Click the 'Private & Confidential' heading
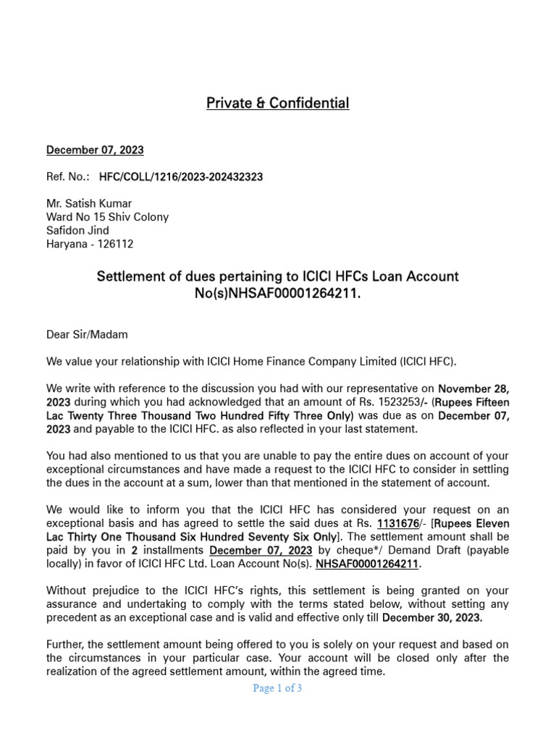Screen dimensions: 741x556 tap(277, 103)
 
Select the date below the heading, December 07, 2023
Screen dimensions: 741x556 tap(95, 151)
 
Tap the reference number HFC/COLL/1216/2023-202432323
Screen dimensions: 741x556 tap(181, 177)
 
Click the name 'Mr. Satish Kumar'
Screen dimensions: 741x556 tap(89, 203)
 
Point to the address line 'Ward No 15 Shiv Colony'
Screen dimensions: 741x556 tap(107, 217)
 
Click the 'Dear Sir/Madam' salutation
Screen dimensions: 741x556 tap(86, 335)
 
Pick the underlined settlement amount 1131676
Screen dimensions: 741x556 tap(398, 523)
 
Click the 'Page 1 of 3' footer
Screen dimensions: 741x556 tap(277, 689)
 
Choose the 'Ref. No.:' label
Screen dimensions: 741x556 tap(68, 177)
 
